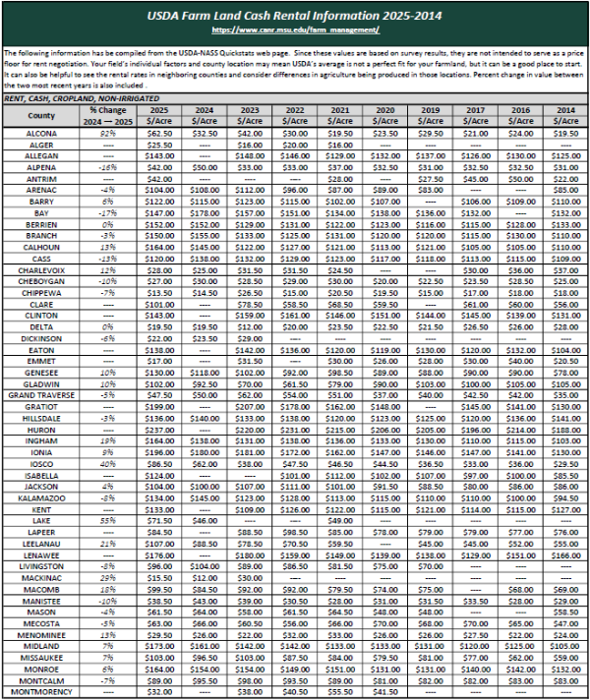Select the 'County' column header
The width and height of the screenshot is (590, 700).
pyautogui.click(x=41, y=115)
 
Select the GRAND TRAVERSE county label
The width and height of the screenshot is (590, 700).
pyautogui.click(x=41, y=394)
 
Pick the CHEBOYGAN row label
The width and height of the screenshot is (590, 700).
pyautogui.click(x=41, y=280)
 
